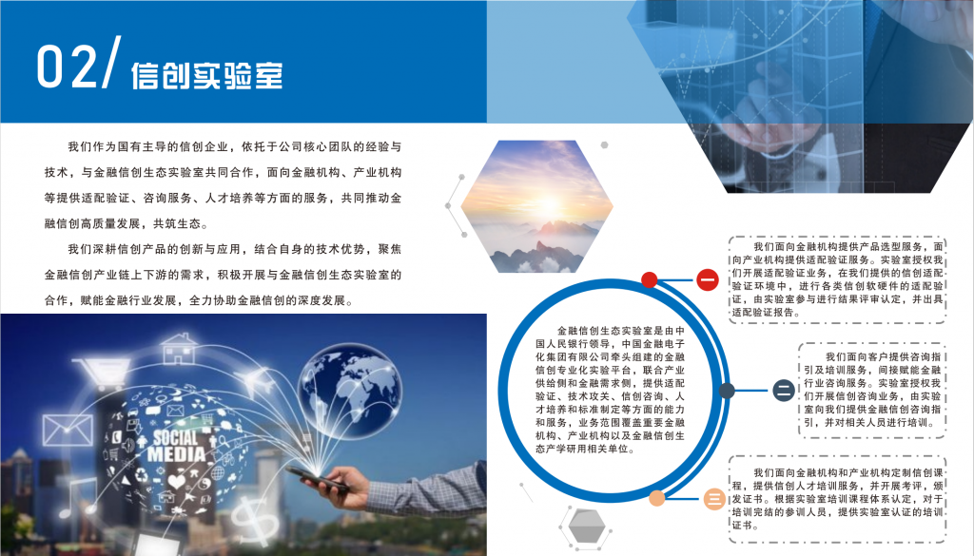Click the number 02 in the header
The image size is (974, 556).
point(68,66)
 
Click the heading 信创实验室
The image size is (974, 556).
point(206,76)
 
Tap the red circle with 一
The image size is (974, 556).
point(707,279)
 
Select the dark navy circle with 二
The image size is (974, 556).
point(784,391)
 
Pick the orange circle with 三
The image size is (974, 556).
point(714,498)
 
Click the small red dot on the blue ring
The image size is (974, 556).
point(649,279)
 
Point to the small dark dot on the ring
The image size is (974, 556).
point(727,391)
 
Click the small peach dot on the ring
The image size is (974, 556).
point(656,498)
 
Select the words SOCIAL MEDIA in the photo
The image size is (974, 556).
point(176,446)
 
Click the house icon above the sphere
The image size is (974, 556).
point(179,349)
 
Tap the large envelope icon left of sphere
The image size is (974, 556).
point(68,430)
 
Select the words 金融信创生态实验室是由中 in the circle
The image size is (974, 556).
point(620,331)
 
